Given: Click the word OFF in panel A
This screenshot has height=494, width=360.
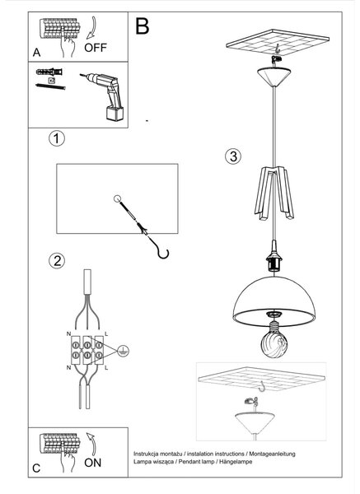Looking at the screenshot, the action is [96, 48].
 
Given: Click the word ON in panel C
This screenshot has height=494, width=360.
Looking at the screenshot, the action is [93, 463].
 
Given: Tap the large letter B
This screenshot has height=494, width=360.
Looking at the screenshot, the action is [143, 26].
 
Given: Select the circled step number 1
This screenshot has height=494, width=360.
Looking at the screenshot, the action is [57, 138].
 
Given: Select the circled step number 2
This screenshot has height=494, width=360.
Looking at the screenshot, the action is [57, 261].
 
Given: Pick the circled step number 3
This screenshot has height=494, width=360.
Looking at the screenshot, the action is [233, 156].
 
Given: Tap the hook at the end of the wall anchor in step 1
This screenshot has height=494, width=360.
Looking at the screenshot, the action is [164, 253].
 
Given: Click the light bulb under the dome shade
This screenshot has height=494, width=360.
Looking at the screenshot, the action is [274, 343].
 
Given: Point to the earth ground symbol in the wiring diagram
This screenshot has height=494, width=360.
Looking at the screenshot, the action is [124, 351].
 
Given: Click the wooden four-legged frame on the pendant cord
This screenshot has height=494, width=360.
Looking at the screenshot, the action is [274, 193].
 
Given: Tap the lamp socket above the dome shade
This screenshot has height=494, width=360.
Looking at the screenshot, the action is [274, 256].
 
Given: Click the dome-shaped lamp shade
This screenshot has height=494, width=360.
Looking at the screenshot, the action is [274, 301].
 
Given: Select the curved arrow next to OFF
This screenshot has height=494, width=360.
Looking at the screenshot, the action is [91, 28].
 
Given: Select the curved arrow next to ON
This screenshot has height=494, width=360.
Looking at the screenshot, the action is [91, 445].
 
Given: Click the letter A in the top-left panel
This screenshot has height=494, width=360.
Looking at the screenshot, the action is [36, 53].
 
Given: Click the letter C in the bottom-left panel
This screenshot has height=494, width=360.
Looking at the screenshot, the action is [36, 468].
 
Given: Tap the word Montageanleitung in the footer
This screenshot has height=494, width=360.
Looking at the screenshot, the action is [273, 454].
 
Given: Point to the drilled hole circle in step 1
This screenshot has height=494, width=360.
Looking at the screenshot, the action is [117, 198].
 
